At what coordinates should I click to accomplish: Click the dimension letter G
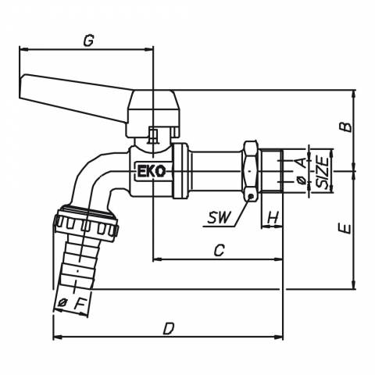(88, 41)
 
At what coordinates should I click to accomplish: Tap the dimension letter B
(347, 127)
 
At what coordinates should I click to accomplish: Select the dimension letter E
(347, 229)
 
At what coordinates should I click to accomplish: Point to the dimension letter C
(219, 251)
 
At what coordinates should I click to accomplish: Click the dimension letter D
(169, 329)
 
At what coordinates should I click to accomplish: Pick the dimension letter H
(273, 217)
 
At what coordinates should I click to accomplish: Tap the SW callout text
(220, 217)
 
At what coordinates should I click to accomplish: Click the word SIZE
(322, 172)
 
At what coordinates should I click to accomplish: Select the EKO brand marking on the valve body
(152, 171)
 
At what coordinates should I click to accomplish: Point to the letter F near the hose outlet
(80, 304)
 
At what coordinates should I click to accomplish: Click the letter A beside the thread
(302, 162)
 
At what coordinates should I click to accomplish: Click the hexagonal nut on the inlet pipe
(250, 171)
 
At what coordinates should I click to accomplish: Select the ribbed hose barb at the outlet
(78, 264)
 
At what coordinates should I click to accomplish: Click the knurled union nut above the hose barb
(86, 223)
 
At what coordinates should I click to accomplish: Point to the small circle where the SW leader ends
(250, 197)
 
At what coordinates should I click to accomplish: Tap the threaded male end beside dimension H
(272, 171)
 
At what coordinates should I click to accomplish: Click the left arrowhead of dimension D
(57, 337)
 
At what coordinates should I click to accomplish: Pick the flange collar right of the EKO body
(180, 171)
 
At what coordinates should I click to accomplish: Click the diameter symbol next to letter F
(62, 302)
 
